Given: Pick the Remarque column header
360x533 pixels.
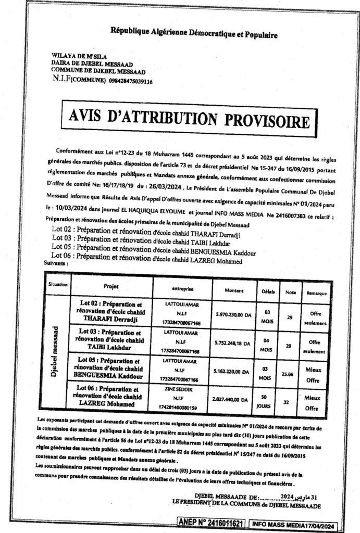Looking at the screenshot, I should [316, 291].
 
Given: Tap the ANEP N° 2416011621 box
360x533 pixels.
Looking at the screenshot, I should [212, 522].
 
